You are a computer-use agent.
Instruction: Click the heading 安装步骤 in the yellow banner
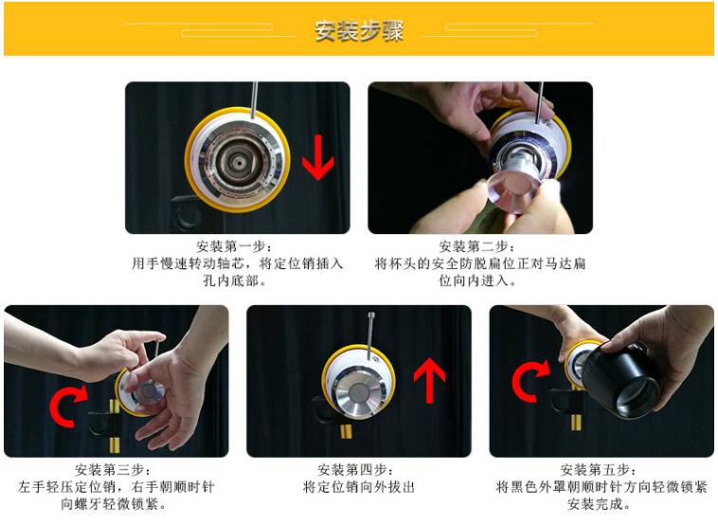[359, 30]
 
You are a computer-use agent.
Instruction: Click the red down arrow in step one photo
[317, 156]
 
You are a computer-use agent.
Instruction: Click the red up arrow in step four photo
[429, 382]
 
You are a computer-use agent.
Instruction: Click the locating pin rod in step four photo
[367, 327]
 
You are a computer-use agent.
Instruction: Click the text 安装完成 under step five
[601, 504]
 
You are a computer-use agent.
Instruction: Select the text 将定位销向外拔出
[358, 488]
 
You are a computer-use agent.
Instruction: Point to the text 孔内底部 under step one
[237, 281]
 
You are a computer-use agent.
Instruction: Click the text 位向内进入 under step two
[479, 281]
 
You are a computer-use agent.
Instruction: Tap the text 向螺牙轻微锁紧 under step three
[116, 504]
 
